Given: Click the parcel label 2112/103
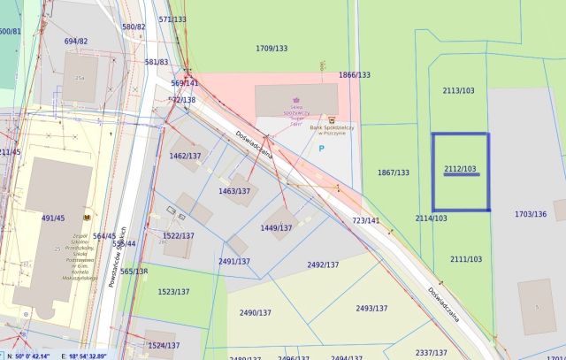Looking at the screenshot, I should coord(460,169).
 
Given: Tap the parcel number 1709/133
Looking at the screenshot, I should coord(272,48).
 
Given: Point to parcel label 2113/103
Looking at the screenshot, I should coord(458,91).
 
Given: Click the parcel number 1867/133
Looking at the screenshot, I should coord(393,172).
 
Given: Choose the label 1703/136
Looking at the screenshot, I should coord(531,214).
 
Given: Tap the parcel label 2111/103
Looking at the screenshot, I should coord(465,259).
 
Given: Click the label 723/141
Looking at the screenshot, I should coord(365,220).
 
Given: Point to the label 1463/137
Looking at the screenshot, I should coord(234,191).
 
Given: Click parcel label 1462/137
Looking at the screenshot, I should coord(185,156).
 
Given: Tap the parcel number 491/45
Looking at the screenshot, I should coord(53,217).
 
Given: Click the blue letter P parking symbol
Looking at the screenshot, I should coord(320,149).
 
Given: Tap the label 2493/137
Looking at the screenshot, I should coord(371,309).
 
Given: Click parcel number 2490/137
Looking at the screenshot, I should coord(256,312).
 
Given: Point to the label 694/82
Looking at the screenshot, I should coord(76,41).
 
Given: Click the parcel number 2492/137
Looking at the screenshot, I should coord(323,264).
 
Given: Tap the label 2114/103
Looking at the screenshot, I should coord(431,218).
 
